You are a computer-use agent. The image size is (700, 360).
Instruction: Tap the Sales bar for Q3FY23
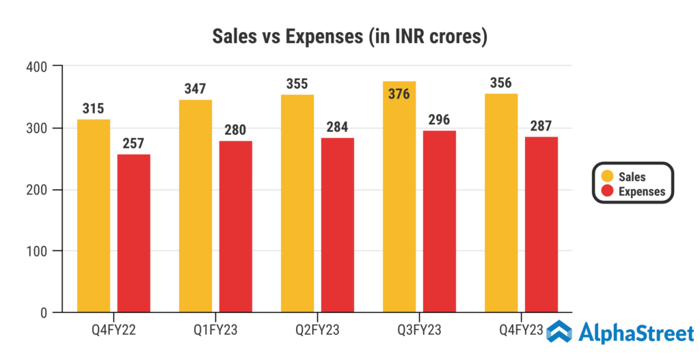pyautogui.click(x=399, y=205)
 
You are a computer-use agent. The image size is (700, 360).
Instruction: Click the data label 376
pyautogui.click(x=399, y=94)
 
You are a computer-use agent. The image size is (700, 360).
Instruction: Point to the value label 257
pyautogui.click(x=134, y=143)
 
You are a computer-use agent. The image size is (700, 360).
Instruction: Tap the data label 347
pyautogui.click(x=195, y=89)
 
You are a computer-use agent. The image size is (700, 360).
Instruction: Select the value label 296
pyautogui.click(x=440, y=120)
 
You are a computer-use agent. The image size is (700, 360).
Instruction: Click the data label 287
pyautogui.click(x=541, y=126)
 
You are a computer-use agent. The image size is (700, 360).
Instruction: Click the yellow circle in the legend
pyautogui.click(x=606, y=177)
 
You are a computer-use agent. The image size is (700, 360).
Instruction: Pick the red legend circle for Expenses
pyautogui.click(x=606, y=191)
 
